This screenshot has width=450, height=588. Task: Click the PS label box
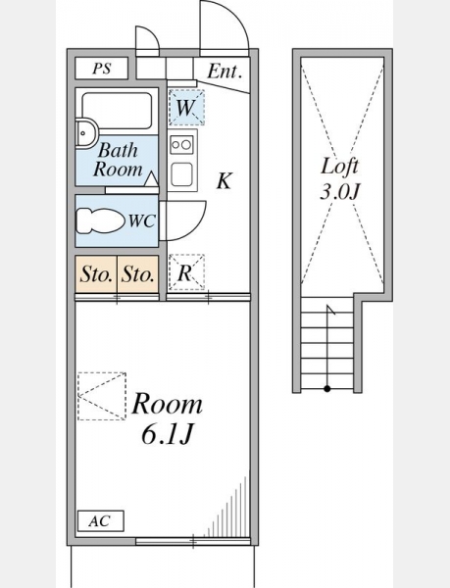pos(102,69)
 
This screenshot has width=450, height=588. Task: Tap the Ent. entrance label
pos(224,71)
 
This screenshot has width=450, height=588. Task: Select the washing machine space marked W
pos(186,107)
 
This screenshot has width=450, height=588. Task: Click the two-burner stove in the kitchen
pos(182,144)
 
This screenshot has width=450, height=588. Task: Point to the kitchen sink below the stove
pos(182,174)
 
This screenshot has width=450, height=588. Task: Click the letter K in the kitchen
pos(225,180)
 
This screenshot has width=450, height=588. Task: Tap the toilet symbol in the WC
pos(100,220)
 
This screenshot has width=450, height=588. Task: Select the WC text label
pos(142,220)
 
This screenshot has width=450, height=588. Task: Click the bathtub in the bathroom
pos(117,111)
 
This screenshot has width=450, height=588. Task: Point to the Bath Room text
pos(118,160)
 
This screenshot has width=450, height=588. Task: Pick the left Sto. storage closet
pos(96,274)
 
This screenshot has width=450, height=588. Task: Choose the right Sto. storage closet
pos(138,274)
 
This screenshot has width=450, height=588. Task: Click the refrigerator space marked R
pos(186,271)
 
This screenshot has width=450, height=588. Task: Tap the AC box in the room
pos(101,521)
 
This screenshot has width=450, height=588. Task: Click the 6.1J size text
pos(168,435)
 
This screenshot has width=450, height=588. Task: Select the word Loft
pos(339,167)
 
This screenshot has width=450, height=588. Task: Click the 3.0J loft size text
pos(340,192)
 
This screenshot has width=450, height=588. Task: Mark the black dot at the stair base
pos(327,389)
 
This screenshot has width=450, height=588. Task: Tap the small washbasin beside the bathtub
pos(86,133)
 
